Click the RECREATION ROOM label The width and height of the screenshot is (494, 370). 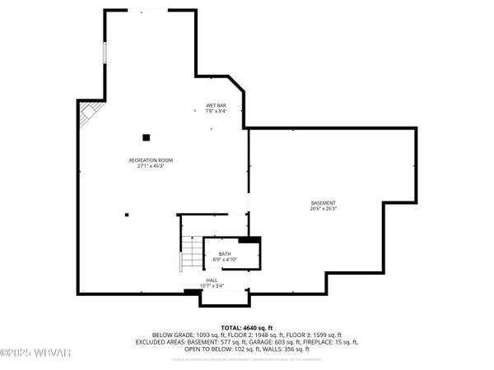click(x=151, y=160)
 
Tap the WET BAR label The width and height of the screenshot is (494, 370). click(x=216, y=104)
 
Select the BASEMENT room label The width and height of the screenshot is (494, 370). click(x=324, y=203)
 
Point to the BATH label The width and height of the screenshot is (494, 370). click(x=225, y=254)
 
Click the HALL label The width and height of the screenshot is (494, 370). click(x=212, y=280)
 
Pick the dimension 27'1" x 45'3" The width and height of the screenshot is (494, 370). click(x=151, y=166)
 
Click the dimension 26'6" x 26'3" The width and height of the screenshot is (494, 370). click(x=324, y=209)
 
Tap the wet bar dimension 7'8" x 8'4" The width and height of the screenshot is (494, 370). click(x=216, y=110)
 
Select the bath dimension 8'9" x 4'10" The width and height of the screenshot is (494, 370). click(x=225, y=260)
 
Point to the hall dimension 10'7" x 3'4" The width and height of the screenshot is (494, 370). click(x=212, y=286)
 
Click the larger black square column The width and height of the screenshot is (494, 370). click(x=146, y=137)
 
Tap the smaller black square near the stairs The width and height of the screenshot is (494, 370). click(x=127, y=215)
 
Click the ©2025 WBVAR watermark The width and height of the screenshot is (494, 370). click(x=25, y=354)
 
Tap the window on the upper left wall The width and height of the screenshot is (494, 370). click(x=104, y=50)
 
